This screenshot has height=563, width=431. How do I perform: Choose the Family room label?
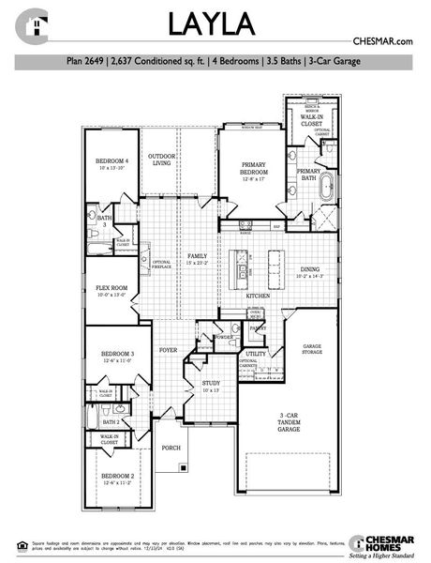[197, 257]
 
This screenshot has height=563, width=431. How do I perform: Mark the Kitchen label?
[259, 296]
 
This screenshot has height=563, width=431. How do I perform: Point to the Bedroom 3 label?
[118, 356]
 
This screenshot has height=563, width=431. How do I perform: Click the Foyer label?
[168, 350]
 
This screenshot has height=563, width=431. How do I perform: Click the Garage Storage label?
[312, 349]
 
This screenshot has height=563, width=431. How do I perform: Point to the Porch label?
[171, 449]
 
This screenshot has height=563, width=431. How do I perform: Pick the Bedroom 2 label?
[118, 479]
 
